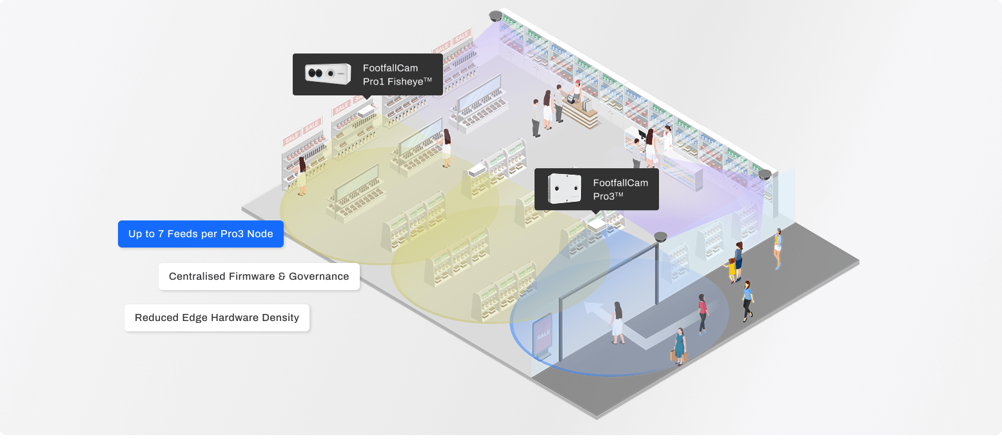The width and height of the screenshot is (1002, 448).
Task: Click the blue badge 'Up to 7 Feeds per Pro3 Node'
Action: pos(201,234)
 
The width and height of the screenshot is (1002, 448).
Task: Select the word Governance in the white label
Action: pos(319,277)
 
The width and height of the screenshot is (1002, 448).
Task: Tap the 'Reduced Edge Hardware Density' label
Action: pos(217,318)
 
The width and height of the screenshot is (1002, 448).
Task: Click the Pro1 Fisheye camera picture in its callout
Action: pos(328,74)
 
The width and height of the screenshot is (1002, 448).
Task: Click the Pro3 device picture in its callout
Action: pos(564,189)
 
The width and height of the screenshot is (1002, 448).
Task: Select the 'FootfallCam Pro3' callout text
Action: pos(620,190)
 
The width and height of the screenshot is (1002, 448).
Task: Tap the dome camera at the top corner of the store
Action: pos(495,16)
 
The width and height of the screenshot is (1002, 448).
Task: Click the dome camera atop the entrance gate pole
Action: pos(660,237)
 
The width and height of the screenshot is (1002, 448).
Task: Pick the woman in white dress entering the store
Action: pos(618,322)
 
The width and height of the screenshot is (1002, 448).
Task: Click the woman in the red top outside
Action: pos(702,313)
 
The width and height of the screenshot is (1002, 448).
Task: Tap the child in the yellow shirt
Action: pos(732,269)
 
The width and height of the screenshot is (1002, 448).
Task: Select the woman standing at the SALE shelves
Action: pos(301,175)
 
